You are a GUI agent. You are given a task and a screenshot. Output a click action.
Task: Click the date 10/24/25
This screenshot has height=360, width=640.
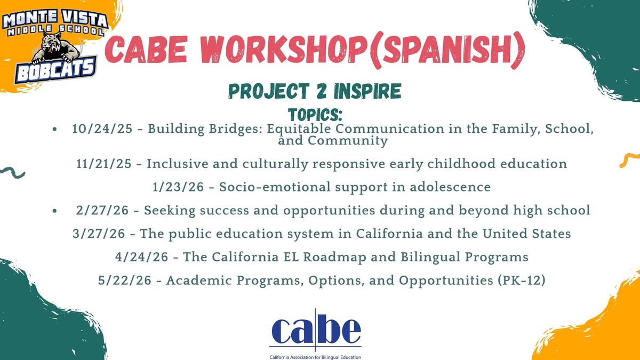click(x=102, y=129)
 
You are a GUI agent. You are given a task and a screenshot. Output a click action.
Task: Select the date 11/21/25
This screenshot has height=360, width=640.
click(x=104, y=164)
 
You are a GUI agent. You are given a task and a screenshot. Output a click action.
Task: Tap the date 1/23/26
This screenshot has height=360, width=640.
click(x=178, y=187)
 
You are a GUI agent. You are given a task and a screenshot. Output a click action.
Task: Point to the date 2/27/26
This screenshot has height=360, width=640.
click(x=102, y=211)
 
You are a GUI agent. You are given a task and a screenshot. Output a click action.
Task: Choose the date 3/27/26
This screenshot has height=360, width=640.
click(x=99, y=234)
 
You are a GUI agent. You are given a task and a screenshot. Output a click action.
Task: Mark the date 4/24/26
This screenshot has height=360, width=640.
click(x=142, y=257)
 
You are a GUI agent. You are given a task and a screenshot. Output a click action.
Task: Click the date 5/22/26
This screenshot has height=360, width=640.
click(x=125, y=281)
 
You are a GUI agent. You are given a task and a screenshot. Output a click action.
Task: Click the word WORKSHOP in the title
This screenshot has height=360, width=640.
click(x=284, y=50)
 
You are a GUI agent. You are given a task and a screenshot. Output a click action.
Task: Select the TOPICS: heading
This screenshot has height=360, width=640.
click(x=315, y=115)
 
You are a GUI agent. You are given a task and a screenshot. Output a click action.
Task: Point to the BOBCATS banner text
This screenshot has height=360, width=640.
click(x=55, y=70)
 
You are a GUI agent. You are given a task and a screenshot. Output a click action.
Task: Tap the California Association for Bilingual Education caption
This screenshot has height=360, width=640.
click(x=315, y=357)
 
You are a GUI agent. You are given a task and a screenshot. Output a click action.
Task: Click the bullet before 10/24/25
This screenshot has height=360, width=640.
click(x=54, y=129)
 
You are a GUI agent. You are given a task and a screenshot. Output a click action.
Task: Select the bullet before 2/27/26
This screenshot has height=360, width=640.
click(x=54, y=211)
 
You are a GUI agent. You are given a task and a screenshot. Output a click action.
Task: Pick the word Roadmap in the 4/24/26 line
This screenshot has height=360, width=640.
click(x=334, y=257)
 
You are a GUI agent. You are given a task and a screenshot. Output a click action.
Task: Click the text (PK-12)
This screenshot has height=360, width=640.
click(x=521, y=281)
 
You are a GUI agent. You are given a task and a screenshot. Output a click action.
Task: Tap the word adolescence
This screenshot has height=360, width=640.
click(x=450, y=187)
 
